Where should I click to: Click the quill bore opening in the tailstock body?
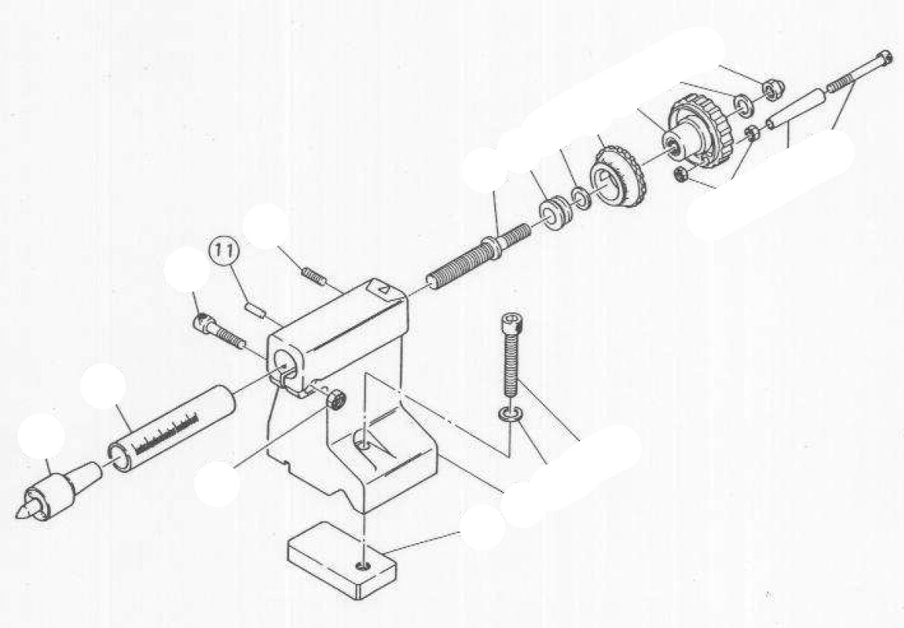pyautogui.click(x=285, y=360)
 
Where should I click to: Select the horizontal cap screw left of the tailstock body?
pyautogui.click(x=218, y=330)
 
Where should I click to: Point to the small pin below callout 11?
pyautogui.click(x=257, y=309)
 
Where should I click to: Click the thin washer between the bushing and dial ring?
pyautogui.click(x=581, y=195)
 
